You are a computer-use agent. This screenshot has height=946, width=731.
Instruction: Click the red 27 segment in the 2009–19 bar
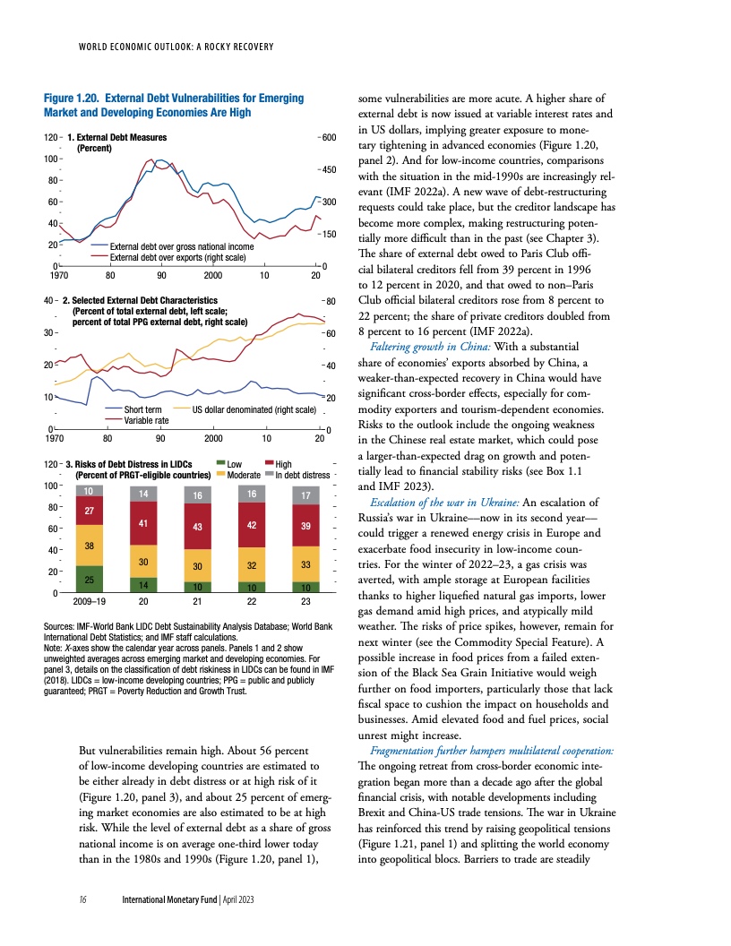click(x=89, y=510)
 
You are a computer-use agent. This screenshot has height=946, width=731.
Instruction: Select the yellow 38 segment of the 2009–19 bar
click(x=89, y=546)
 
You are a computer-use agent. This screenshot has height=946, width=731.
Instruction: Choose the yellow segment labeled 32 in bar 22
click(x=252, y=565)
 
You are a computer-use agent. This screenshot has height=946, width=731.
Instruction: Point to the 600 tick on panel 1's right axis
click(x=326, y=137)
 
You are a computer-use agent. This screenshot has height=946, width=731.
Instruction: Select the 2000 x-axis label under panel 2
click(x=213, y=439)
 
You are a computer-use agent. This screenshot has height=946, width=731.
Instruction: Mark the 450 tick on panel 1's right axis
click(x=326, y=169)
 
